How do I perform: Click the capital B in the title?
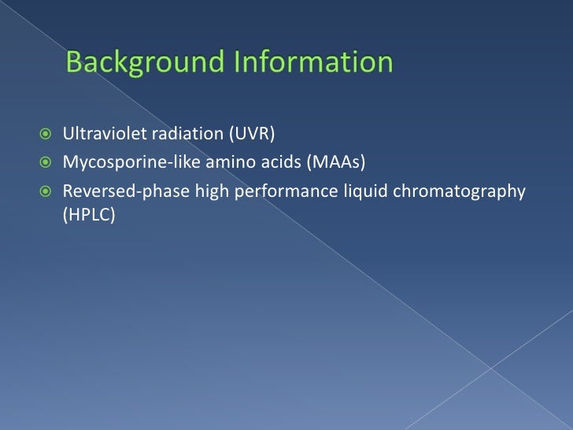(x=74, y=62)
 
